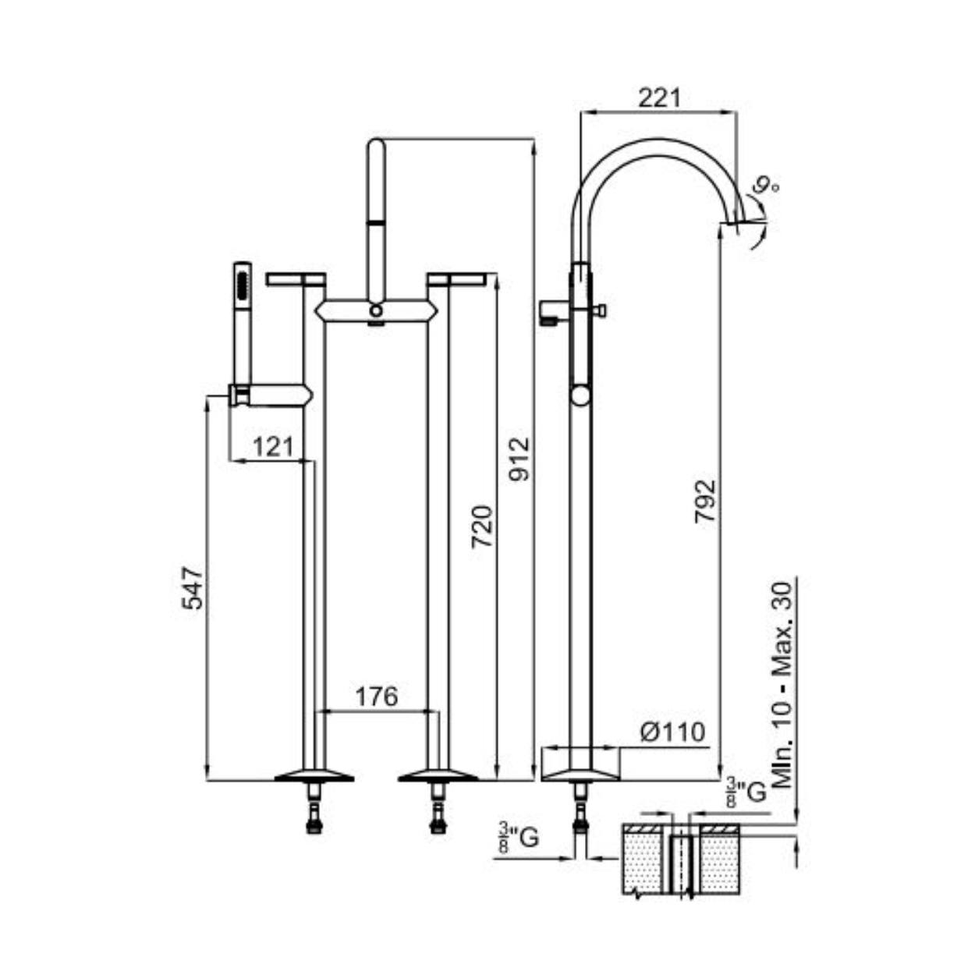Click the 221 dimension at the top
pyautogui.click(x=659, y=97)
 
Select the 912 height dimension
pyautogui.click(x=519, y=459)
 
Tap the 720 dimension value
pyautogui.click(x=482, y=526)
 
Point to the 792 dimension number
pyautogui.click(x=705, y=501)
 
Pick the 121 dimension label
pyautogui.click(x=273, y=446)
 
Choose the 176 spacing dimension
pyautogui.click(x=377, y=697)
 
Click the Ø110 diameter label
pyautogui.click(x=672, y=732)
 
